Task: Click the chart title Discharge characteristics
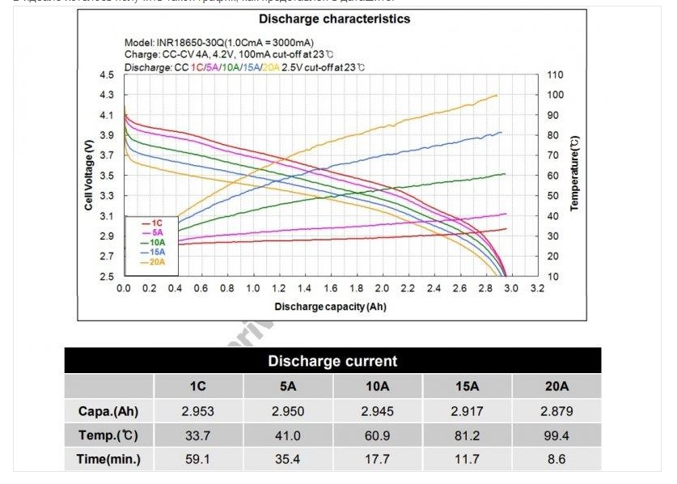click(334, 19)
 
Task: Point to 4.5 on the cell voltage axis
click(106, 75)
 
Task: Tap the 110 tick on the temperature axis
click(555, 75)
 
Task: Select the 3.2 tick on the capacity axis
click(536, 288)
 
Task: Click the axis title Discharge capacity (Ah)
click(330, 307)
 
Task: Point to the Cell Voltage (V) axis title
click(89, 175)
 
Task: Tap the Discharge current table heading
click(332, 361)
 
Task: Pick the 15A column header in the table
click(467, 387)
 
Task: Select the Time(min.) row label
click(109, 460)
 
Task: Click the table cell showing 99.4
click(556, 435)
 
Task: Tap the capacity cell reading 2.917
click(467, 411)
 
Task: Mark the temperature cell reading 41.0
click(287, 435)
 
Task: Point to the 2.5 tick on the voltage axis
click(106, 277)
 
